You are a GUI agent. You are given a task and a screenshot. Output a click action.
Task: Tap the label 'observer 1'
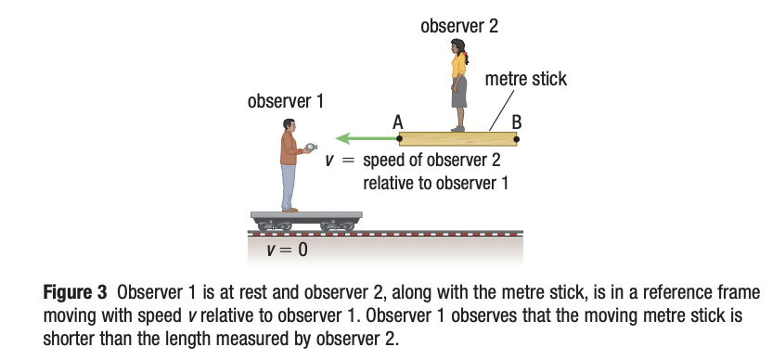285,99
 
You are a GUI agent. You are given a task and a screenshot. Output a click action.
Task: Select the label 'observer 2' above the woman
458,26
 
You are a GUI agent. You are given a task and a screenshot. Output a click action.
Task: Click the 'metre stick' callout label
526,80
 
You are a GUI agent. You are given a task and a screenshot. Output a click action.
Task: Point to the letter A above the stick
398,121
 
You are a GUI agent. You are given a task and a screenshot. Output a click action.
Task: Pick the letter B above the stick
517,121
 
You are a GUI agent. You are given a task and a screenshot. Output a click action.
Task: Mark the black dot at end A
400,139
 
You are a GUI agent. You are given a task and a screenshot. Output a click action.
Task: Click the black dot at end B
517,139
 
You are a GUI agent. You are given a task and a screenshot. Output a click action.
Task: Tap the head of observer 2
457,45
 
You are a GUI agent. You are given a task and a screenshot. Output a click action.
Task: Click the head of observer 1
289,125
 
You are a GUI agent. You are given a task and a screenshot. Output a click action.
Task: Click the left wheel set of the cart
272,225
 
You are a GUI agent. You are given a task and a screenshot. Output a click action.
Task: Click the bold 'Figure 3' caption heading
78,293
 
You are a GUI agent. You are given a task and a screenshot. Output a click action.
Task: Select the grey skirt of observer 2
459,93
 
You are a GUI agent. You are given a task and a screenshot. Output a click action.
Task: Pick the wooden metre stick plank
458,139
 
